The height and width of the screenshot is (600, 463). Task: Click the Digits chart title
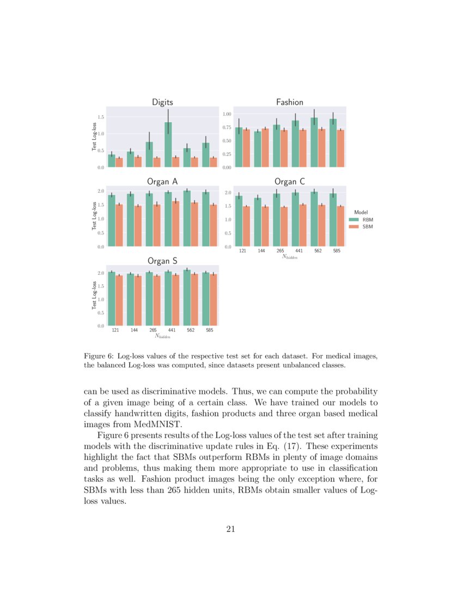pyautogui.click(x=162, y=102)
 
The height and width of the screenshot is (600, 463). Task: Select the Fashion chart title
pyautogui.click(x=289, y=102)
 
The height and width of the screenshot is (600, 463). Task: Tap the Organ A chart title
pyautogui.click(x=162, y=181)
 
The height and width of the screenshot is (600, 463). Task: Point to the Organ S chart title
pyautogui.click(x=162, y=261)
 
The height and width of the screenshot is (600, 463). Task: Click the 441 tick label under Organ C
pyautogui.click(x=299, y=251)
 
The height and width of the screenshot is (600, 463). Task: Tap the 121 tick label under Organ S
pyautogui.click(x=115, y=330)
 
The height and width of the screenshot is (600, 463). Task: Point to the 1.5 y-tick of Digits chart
pyautogui.click(x=101, y=117)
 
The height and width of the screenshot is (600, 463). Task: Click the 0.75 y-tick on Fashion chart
pyautogui.click(x=227, y=128)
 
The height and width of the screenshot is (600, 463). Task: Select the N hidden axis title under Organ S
pyautogui.click(x=162, y=337)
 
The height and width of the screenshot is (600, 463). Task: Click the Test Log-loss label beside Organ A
pyautogui.click(x=94, y=215)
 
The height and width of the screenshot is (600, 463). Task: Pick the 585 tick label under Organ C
pyautogui.click(x=337, y=251)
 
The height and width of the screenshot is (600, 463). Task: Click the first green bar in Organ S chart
pyautogui.click(x=112, y=298)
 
